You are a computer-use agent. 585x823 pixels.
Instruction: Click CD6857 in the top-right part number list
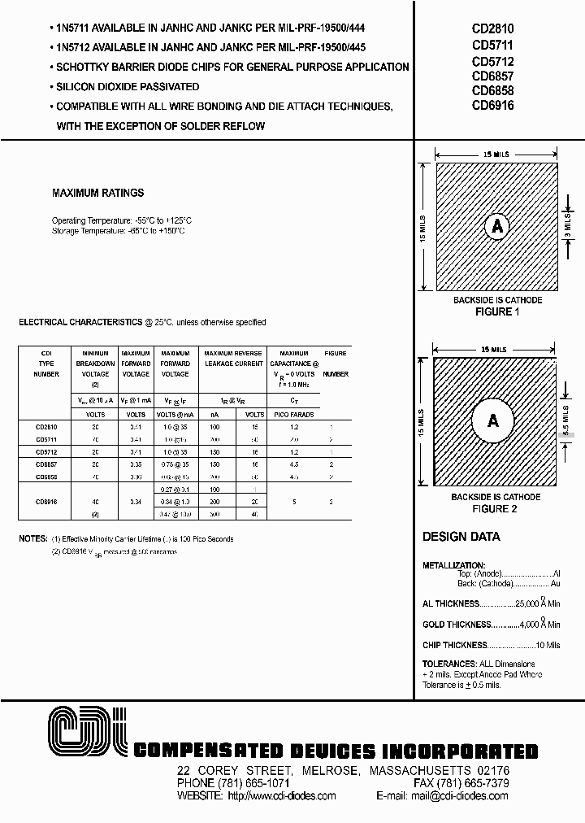(x=492, y=76)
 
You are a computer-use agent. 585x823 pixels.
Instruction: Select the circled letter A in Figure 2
(x=492, y=421)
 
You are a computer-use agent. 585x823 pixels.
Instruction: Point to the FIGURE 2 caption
(x=496, y=508)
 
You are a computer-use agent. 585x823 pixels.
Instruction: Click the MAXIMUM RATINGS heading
(x=97, y=193)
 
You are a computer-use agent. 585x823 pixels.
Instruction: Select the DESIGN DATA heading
(x=461, y=537)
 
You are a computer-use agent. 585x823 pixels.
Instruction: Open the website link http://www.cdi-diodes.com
(x=283, y=795)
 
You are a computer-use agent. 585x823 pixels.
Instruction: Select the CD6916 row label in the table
(x=47, y=503)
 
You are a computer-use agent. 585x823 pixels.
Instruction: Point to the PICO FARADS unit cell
(x=293, y=412)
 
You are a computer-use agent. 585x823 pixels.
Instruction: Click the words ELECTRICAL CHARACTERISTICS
(x=80, y=322)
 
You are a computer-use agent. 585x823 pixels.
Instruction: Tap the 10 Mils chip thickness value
(x=548, y=644)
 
